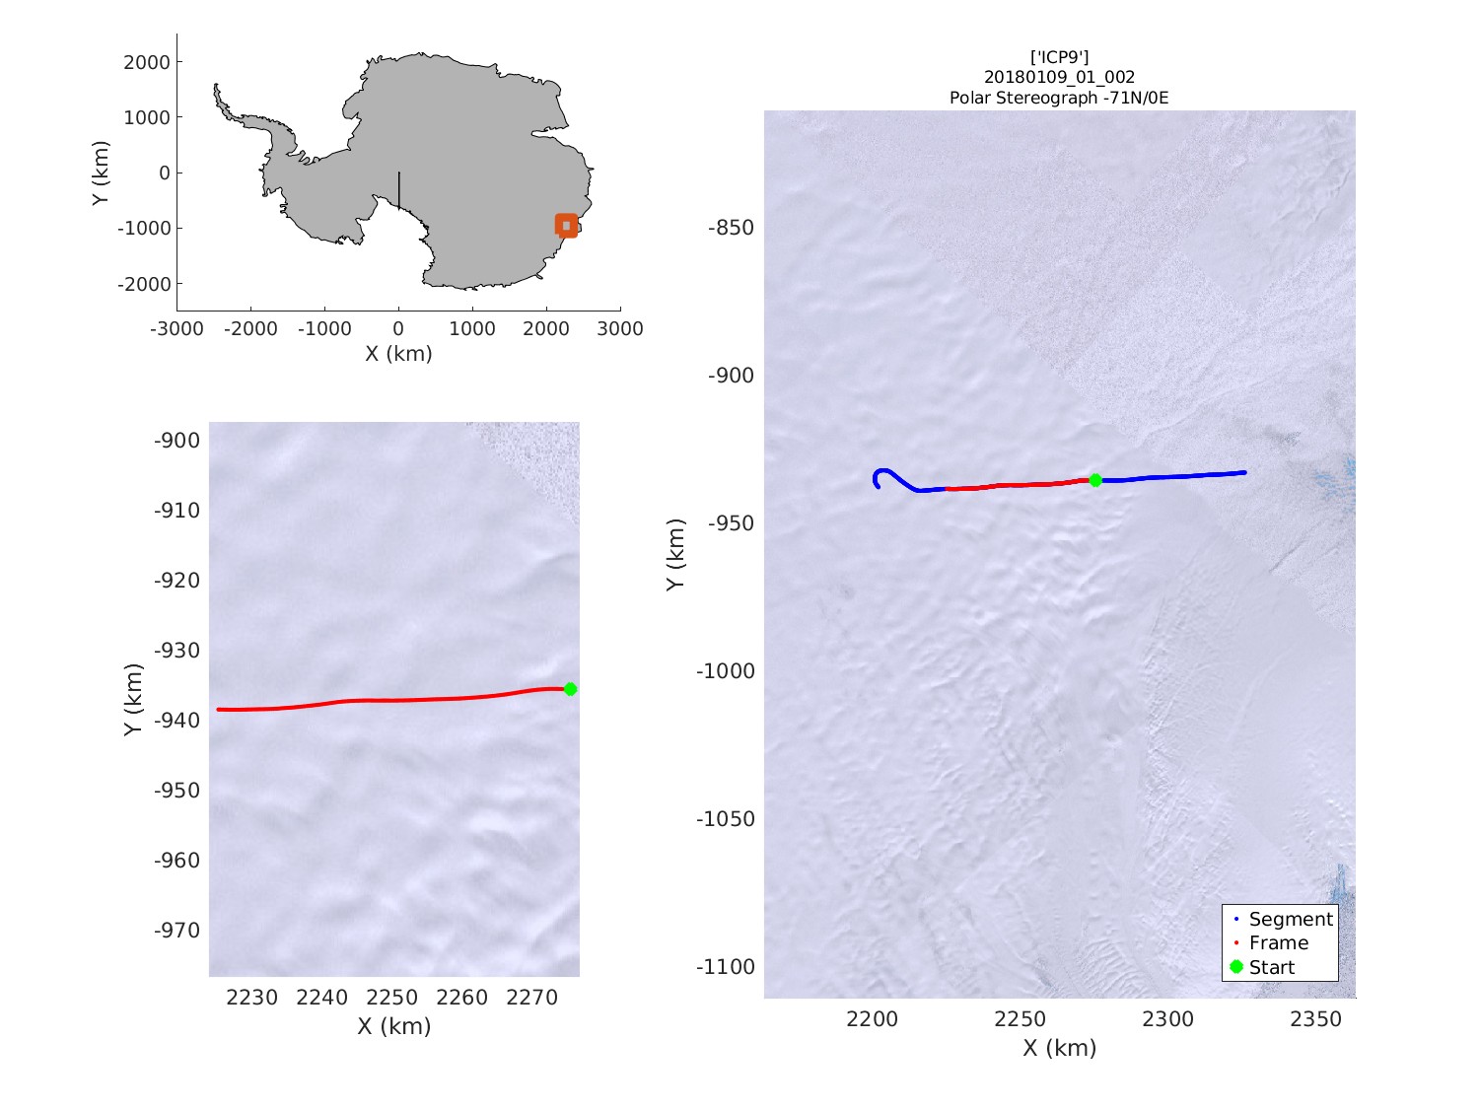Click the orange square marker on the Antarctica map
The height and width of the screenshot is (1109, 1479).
[566, 226]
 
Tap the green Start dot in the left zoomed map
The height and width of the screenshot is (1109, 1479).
[570, 689]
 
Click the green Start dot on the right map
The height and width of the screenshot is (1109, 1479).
[1095, 480]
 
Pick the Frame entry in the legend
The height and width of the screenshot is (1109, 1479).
[1278, 942]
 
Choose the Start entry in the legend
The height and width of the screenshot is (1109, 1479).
[1271, 967]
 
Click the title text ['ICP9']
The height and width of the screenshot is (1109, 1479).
[1059, 57]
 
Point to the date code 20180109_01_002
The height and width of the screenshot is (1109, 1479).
[1059, 77]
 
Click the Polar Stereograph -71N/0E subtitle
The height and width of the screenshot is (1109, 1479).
[1059, 98]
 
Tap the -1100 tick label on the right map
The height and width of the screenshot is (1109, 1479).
[726, 967]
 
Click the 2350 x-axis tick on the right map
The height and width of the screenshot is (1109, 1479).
[1315, 1019]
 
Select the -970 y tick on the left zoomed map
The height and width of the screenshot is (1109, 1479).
[176, 931]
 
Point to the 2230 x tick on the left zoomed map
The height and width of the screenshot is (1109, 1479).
[252, 998]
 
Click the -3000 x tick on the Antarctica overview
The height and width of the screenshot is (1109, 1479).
[176, 329]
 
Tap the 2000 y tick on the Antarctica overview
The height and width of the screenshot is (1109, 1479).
[147, 62]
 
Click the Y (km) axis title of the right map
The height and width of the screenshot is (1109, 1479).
[674, 554]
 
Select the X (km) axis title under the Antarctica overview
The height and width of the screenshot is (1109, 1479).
[398, 353]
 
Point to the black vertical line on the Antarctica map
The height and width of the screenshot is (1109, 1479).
[398, 190]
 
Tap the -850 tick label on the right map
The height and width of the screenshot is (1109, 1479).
[731, 228]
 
